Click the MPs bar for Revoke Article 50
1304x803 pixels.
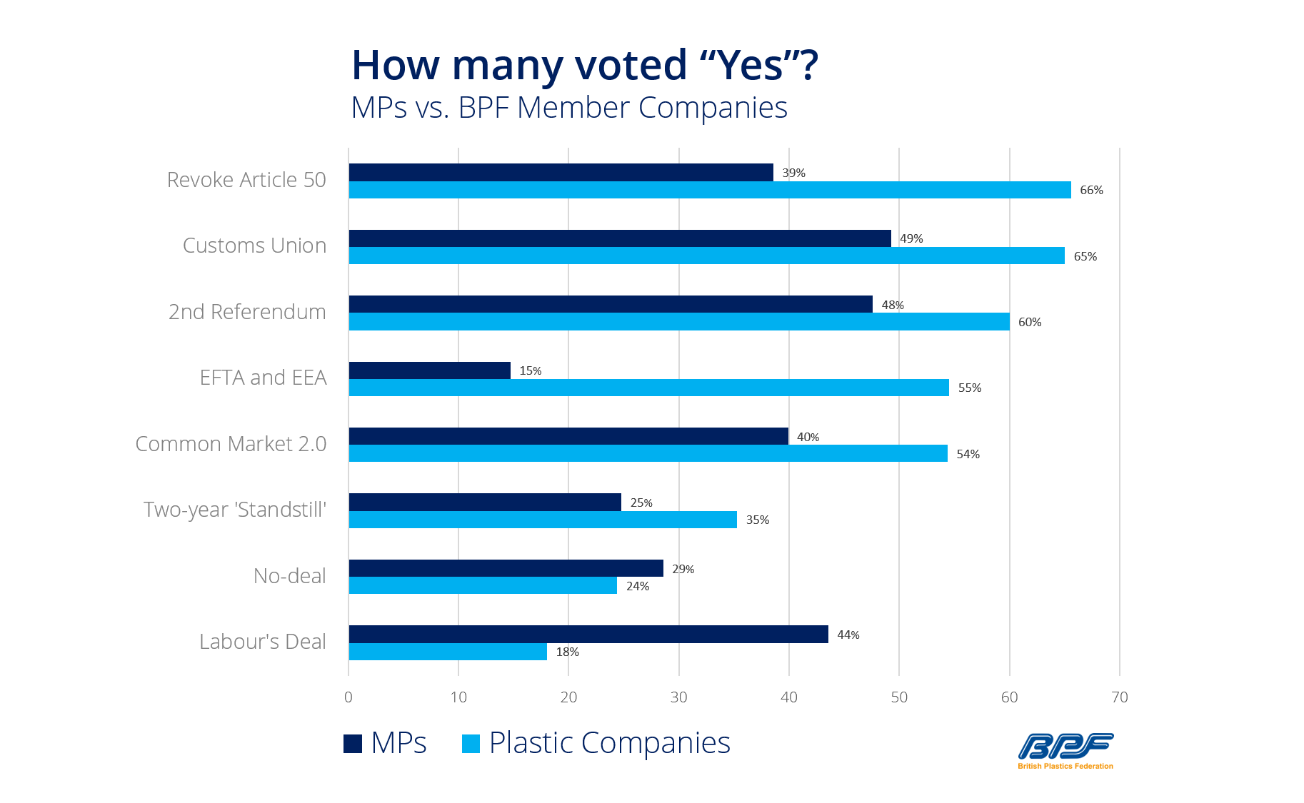click(x=561, y=172)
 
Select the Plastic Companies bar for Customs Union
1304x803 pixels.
click(x=706, y=256)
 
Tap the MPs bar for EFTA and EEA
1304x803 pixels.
click(x=429, y=370)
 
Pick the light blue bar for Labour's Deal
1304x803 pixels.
click(x=448, y=652)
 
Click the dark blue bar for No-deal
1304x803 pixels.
click(x=506, y=568)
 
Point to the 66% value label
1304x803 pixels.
click(x=1091, y=190)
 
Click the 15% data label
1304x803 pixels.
click(x=530, y=370)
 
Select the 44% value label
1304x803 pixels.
click(x=848, y=635)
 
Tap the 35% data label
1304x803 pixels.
click(x=757, y=520)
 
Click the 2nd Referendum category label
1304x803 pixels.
click(x=247, y=312)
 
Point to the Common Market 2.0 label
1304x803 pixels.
click(x=231, y=444)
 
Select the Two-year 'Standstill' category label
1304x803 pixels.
click(x=235, y=510)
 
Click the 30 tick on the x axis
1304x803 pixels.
click(x=678, y=697)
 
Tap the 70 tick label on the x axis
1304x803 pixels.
click(x=1119, y=697)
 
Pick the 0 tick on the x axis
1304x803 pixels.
click(x=348, y=697)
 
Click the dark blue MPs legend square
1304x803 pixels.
click(x=353, y=744)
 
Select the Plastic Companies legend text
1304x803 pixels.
click(x=609, y=743)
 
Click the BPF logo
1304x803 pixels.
click(x=1065, y=750)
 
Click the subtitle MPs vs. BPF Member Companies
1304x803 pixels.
click(x=569, y=108)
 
